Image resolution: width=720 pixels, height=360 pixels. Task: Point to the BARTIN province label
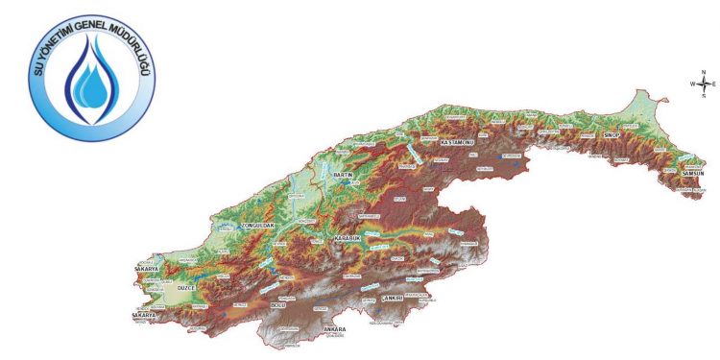click(344, 175)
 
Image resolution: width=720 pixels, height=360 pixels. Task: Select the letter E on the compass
click(714, 84)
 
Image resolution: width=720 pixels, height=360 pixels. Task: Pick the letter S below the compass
click(704, 95)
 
